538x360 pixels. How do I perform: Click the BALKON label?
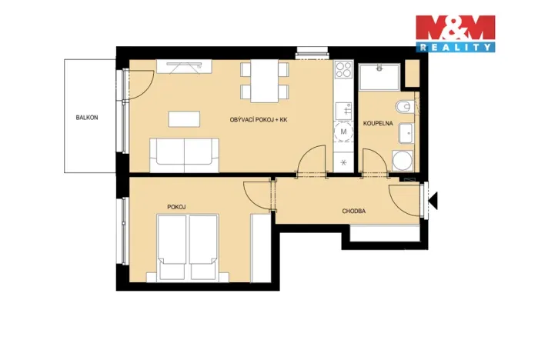86,118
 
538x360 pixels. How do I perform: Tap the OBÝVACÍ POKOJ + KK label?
259,120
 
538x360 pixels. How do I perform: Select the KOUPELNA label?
378,122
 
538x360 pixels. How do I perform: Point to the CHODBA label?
354,211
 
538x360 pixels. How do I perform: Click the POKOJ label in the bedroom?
177,206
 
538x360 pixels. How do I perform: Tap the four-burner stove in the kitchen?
343,76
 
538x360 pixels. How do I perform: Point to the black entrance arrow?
433,201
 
